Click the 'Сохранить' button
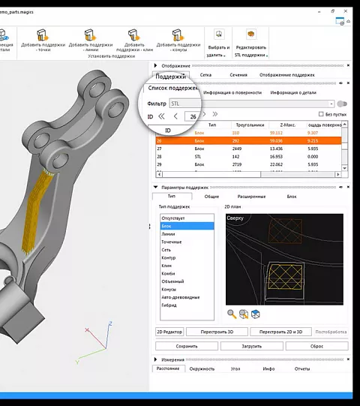187,346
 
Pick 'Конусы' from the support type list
169,289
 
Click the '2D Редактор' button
169,331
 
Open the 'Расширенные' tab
251,197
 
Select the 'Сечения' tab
238,75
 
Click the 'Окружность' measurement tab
202,368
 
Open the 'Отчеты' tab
302,368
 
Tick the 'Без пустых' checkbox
320,114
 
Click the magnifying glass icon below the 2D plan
232,314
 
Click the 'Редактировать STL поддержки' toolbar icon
251,35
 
